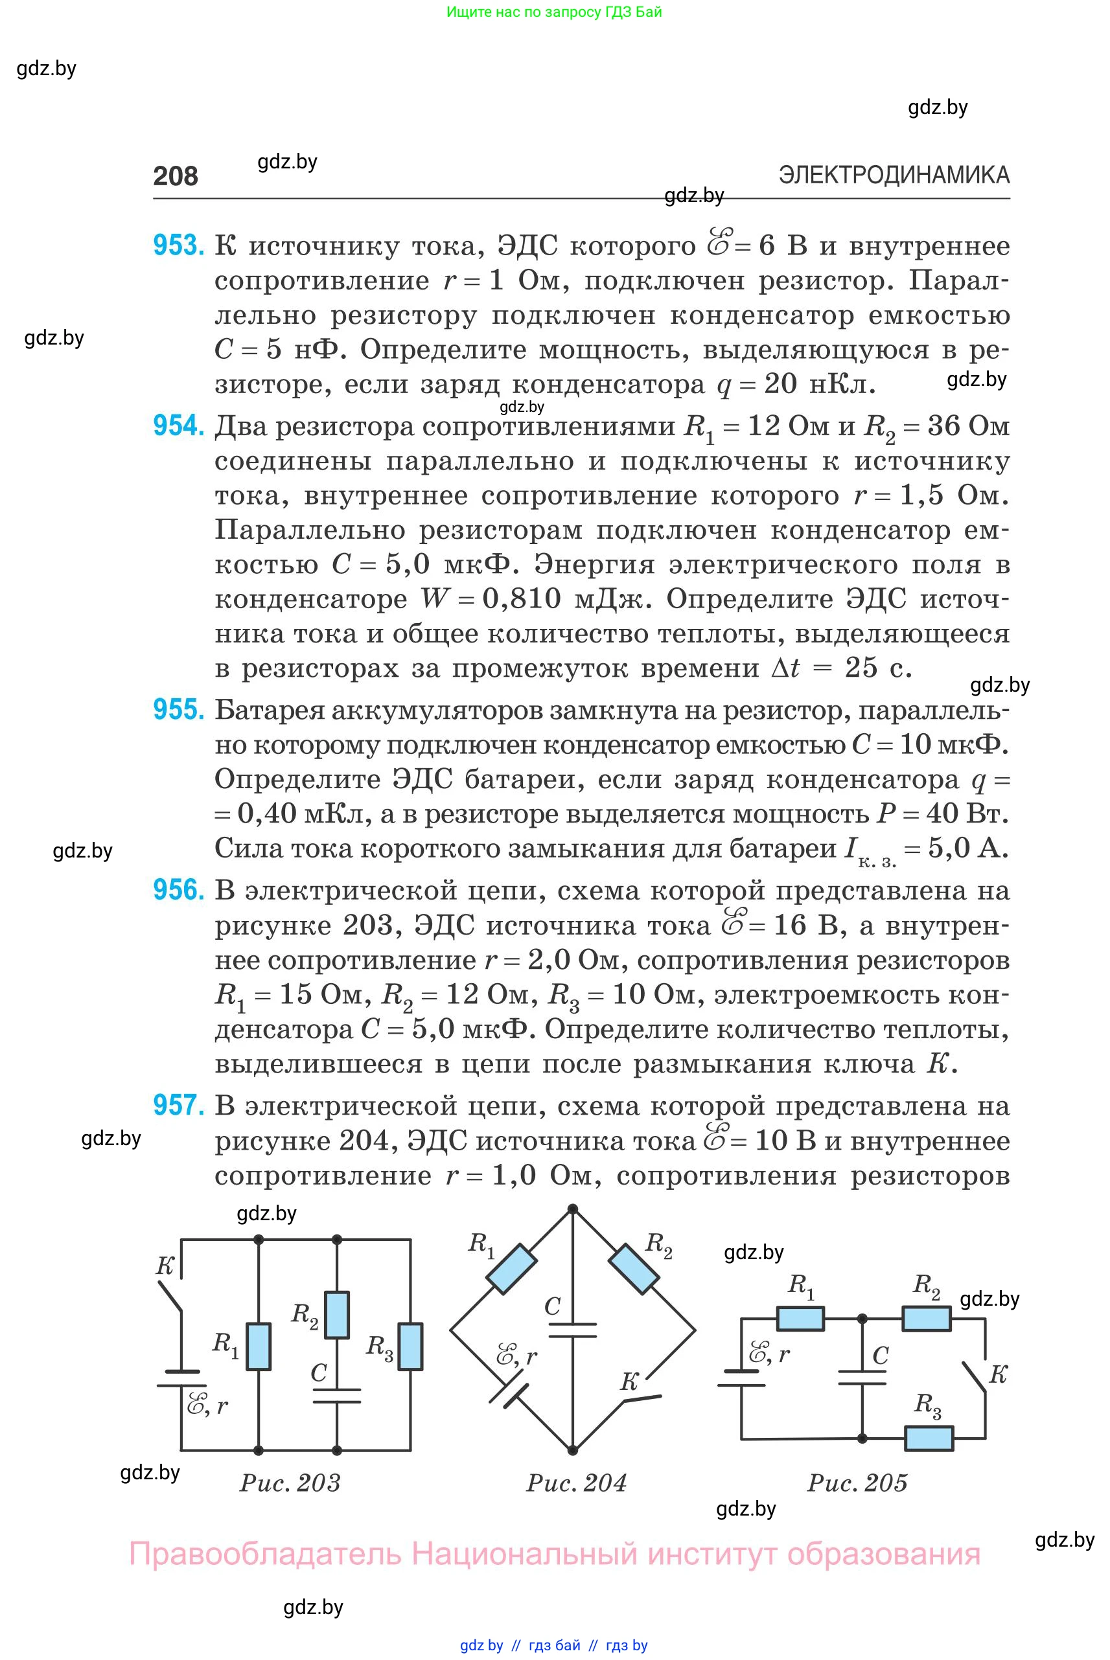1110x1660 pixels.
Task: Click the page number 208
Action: (175, 176)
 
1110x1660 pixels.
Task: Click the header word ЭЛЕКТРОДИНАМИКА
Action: (894, 175)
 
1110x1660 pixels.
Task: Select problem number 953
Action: (178, 245)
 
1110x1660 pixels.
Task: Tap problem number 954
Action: (178, 426)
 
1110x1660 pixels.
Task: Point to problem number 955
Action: (178, 710)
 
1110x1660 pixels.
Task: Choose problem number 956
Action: (178, 890)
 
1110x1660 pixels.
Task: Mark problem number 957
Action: (178, 1105)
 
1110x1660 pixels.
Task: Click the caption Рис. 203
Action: (290, 1483)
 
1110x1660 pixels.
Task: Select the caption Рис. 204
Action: (576, 1483)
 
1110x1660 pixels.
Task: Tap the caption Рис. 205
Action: (857, 1483)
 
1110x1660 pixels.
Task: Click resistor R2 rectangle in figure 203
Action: (337, 1315)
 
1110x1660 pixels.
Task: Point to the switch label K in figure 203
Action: (165, 1266)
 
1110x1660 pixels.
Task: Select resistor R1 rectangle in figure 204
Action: (511, 1269)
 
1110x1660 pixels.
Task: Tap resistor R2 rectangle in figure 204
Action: (634, 1269)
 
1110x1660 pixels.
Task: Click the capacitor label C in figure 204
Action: (553, 1306)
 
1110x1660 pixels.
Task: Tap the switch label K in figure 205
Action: (997, 1374)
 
